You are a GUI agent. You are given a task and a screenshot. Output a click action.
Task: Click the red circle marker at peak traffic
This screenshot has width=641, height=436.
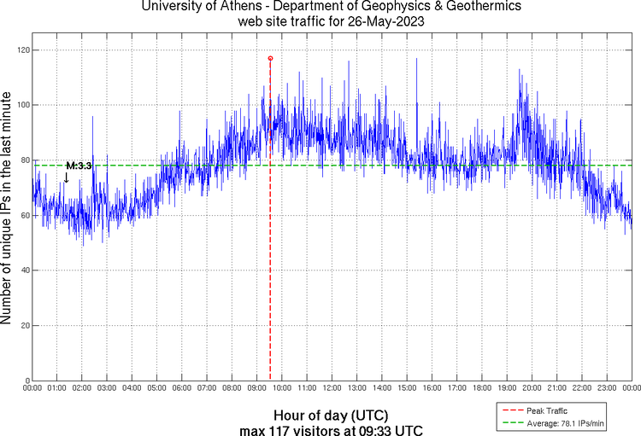click(270, 58)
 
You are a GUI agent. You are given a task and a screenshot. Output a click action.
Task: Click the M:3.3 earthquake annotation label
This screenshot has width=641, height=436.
click(79, 166)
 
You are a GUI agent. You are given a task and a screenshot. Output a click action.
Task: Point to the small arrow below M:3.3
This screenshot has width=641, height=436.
click(67, 177)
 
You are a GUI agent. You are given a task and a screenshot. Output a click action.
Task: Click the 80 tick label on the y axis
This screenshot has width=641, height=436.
click(23, 160)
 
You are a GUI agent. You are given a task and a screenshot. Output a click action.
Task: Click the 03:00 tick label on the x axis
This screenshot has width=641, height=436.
click(107, 388)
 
